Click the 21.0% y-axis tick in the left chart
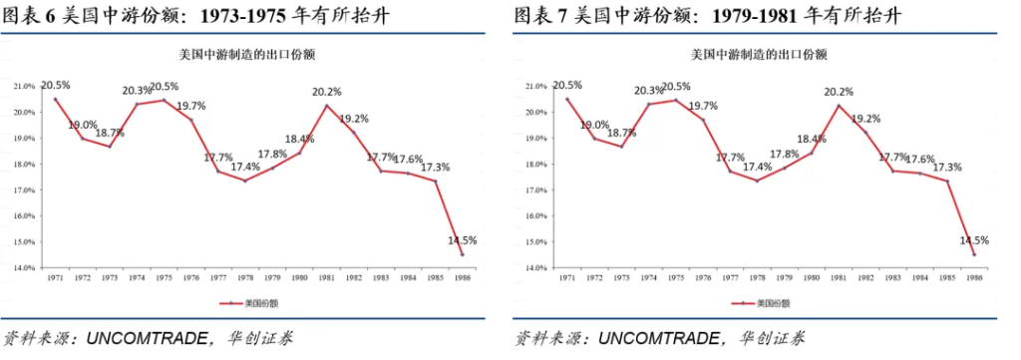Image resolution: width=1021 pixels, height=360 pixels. click(25, 87)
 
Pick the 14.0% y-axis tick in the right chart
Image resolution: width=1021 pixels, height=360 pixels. click(535, 268)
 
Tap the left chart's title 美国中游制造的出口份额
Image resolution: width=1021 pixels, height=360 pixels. click(251, 54)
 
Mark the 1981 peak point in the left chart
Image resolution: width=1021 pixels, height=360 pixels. click(327, 106)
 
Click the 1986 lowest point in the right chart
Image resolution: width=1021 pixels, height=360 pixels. click(974, 254)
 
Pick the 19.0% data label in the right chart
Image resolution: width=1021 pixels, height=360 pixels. click(595, 126)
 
